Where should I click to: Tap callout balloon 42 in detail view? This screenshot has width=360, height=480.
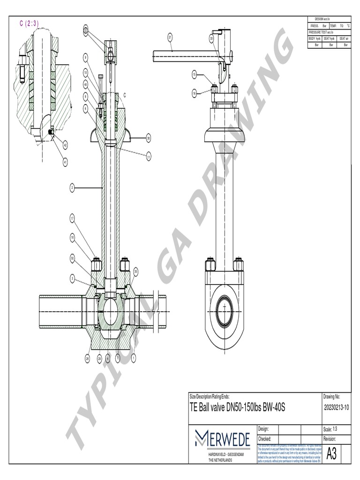pyautogui.click(x=65, y=145)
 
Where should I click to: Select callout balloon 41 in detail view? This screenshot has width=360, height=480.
pyautogui.click(x=65, y=162)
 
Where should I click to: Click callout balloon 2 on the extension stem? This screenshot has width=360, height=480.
pyautogui.click(x=73, y=188)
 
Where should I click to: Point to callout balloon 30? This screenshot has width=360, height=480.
pyautogui.click(x=148, y=138)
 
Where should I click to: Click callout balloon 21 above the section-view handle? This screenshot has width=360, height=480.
pyautogui.click(x=170, y=37)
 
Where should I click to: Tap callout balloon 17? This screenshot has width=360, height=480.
pyautogui.click(x=73, y=217)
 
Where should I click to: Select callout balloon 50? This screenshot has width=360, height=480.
pyautogui.click(x=73, y=258)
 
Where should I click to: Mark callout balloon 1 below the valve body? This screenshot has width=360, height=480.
pyautogui.click(x=134, y=358)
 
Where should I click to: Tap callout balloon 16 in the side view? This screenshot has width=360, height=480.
pyautogui.click(x=195, y=94)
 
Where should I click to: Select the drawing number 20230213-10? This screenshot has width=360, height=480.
pyautogui.click(x=337, y=407)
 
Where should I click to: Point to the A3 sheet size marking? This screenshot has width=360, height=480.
pyautogui.click(x=331, y=454)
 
